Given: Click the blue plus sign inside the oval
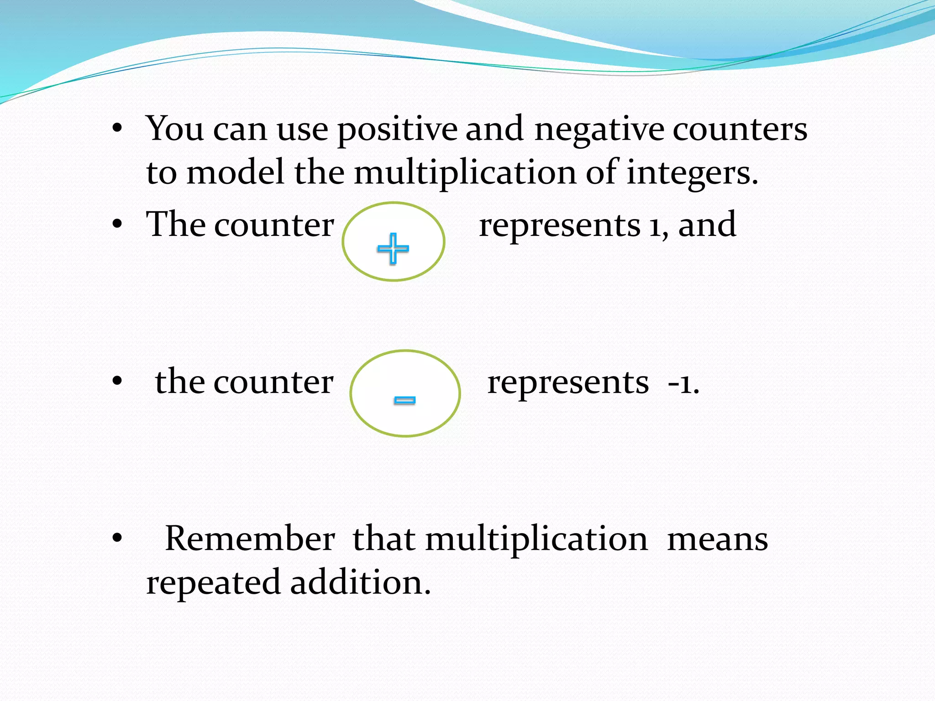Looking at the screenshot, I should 393,249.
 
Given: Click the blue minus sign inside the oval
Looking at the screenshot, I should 404,400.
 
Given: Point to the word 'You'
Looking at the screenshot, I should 174,129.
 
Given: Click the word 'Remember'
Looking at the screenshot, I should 250,539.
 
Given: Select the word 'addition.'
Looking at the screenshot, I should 360,583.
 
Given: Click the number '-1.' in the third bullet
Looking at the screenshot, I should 683,383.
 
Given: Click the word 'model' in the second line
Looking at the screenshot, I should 236,173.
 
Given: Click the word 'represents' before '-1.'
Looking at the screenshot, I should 568,382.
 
